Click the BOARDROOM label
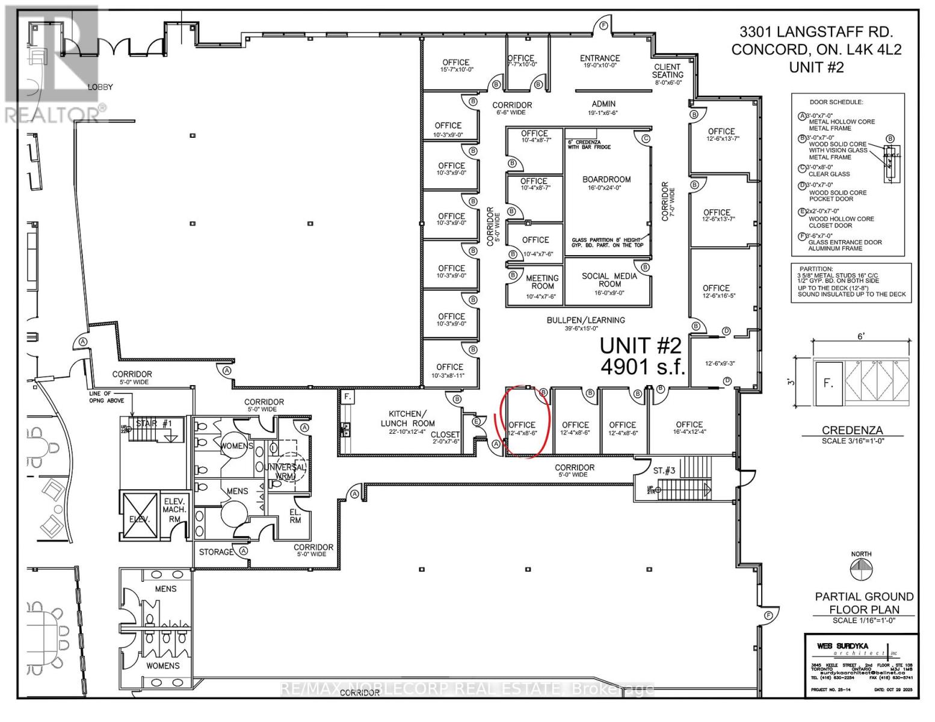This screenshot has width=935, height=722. pyautogui.click(x=606, y=180)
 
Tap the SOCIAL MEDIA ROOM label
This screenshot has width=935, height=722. pyautogui.click(x=609, y=280)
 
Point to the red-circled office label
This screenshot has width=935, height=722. pyautogui.click(x=522, y=425)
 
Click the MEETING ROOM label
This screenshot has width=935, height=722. pyautogui.click(x=542, y=282)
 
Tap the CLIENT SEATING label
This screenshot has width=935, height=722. pyautogui.click(x=667, y=71)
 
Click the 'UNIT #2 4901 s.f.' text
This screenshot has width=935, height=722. pyautogui.click(x=642, y=356)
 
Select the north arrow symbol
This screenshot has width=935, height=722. pyautogui.click(x=861, y=569)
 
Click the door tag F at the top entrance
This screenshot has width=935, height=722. pyautogui.click(x=603, y=25)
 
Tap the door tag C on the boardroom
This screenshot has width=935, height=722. pyautogui.click(x=646, y=138)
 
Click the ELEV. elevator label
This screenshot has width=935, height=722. pyautogui.click(x=138, y=519)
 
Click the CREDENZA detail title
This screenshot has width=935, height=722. pyautogui.click(x=852, y=430)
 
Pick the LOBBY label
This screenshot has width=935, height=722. pyautogui.click(x=100, y=87)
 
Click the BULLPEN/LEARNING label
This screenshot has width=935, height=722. pyautogui.click(x=585, y=320)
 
